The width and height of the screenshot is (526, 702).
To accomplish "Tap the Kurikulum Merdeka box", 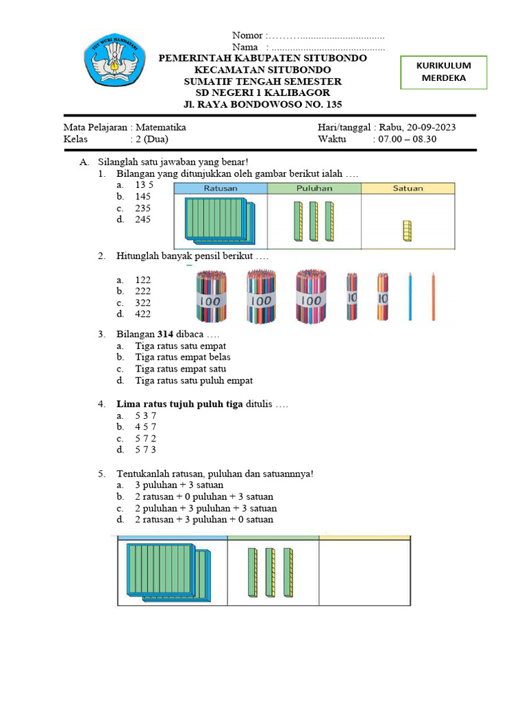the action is pyautogui.click(x=444, y=72).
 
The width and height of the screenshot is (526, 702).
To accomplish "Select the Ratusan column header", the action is pyautogui.click(x=221, y=189).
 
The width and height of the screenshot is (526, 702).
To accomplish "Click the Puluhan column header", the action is pyautogui.click(x=314, y=189).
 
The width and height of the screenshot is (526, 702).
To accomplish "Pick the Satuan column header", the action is pyautogui.click(x=408, y=189).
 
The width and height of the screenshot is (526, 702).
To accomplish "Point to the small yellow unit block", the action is pyautogui.click(x=407, y=231).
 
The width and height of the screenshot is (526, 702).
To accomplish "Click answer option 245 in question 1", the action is pyautogui.click(x=142, y=219).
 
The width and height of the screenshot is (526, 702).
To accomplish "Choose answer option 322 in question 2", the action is pyautogui.click(x=142, y=302).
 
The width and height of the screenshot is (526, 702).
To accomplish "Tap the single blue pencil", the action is pyautogui.click(x=410, y=296).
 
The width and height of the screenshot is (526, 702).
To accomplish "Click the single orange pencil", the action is pyautogui.click(x=434, y=296).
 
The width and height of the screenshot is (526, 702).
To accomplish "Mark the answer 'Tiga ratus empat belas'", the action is pyautogui.click(x=183, y=357).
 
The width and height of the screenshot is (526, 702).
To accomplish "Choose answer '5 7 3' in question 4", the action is pyautogui.click(x=145, y=450).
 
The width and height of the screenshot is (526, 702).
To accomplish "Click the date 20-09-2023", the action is pyautogui.click(x=431, y=128).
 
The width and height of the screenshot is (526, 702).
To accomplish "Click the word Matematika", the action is pyautogui.click(x=161, y=128).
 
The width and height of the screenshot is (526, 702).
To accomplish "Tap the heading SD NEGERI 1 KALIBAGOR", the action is pyautogui.click(x=263, y=93).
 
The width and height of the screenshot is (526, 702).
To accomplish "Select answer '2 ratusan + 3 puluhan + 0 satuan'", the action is pyautogui.click(x=204, y=520).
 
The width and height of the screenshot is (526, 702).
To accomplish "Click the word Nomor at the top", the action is pyautogui.click(x=247, y=36).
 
